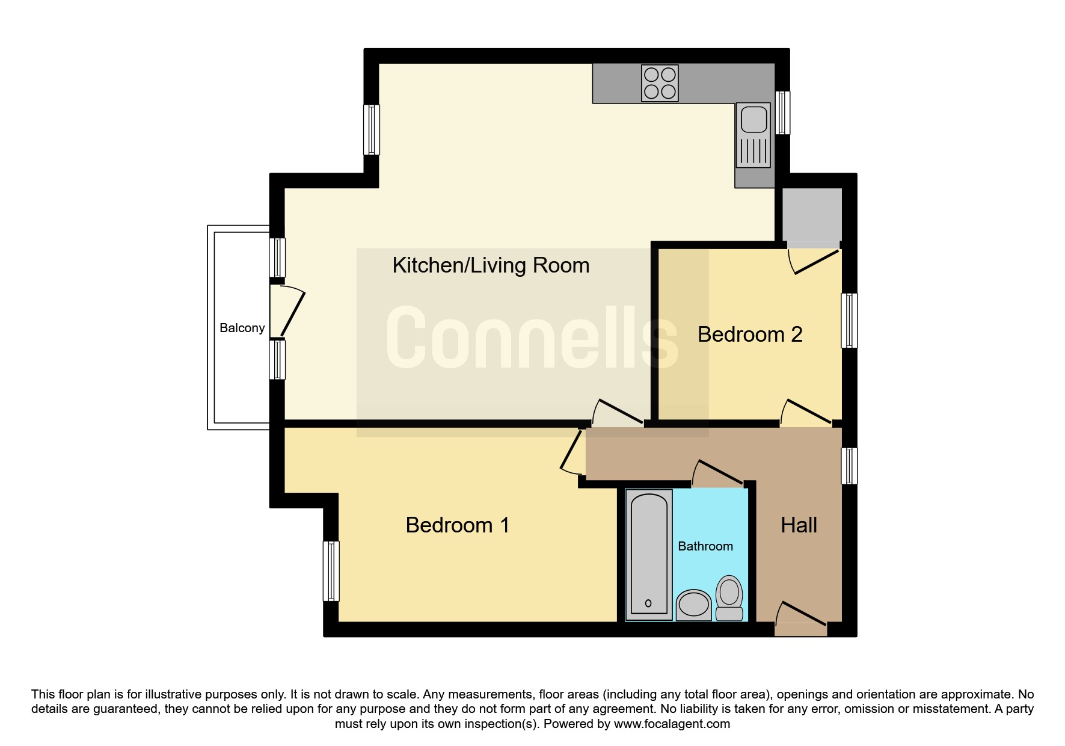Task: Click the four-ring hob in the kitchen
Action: pos(660,83)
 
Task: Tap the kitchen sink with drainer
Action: pos(753,135)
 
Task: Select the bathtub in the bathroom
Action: pos(649,555)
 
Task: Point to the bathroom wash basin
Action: pos(694,605)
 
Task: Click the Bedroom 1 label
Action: pos(458,525)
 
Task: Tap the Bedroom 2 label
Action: pos(750,334)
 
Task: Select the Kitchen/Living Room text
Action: pos(491,265)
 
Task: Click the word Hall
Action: pos(799,525)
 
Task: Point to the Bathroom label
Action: pos(705,546)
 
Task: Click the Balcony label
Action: pos(242,328)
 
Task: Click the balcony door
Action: pos(287,310)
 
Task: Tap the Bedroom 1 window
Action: pos(331,571)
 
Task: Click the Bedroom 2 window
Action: pos(849,321)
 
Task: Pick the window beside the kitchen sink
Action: pos(782,113)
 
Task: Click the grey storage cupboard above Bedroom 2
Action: pos(811,215)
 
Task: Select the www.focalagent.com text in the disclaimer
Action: pos(672,724)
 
